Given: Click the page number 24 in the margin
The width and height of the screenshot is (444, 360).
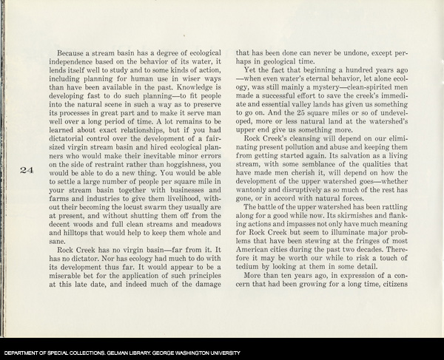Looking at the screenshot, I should coord(27,170).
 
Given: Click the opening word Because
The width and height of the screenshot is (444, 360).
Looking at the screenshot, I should coord(72,55).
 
